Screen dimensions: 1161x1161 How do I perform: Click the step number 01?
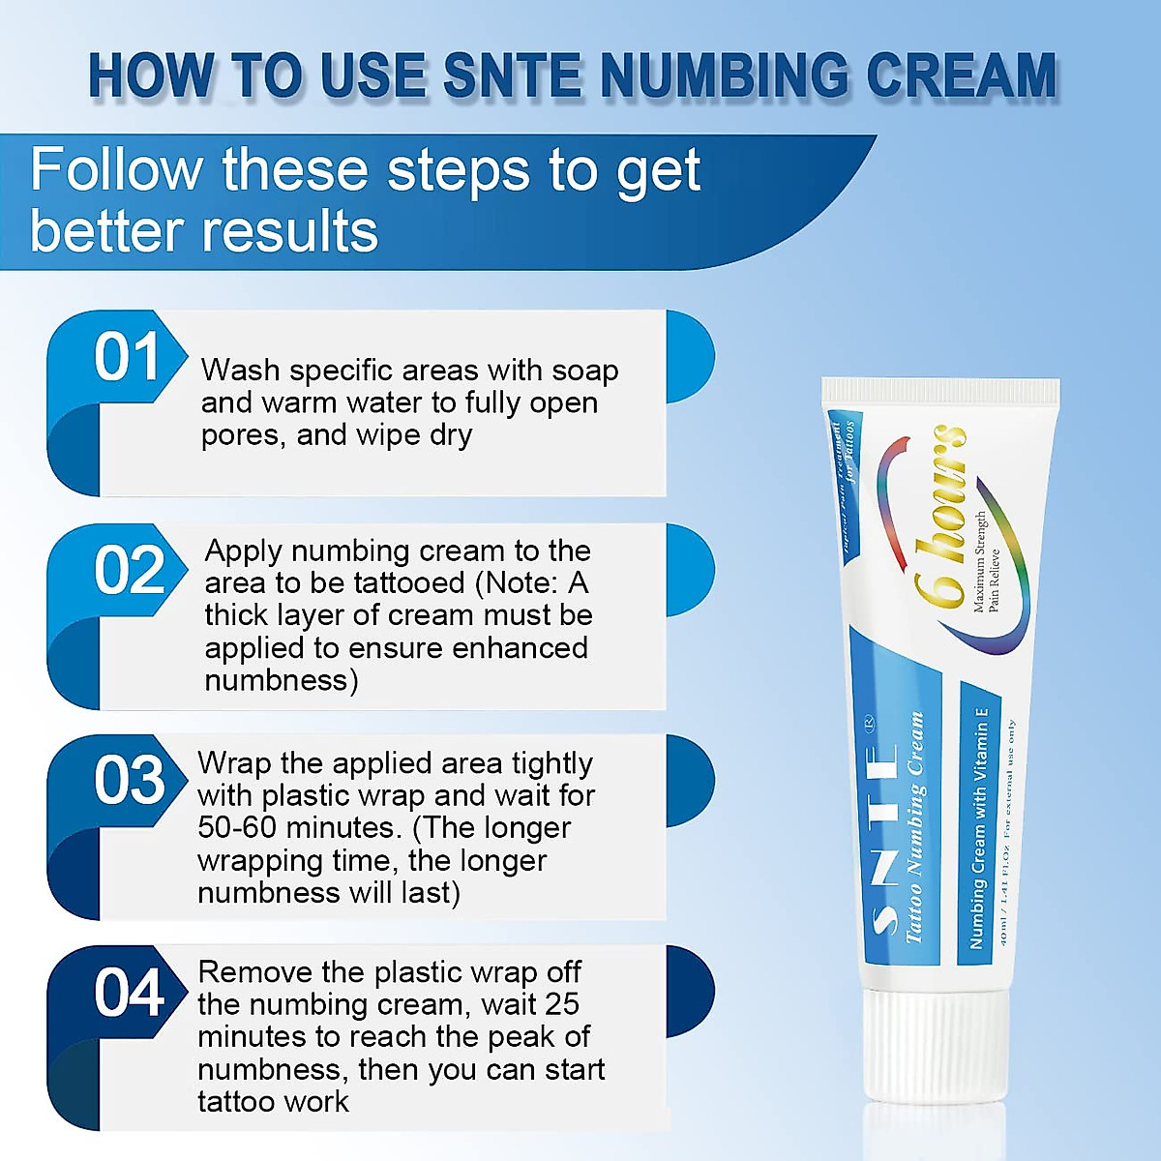point(127,358)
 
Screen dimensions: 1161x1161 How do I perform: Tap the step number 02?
point(129,571)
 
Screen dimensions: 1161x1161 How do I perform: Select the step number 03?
point(129,781)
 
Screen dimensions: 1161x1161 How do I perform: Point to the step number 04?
point(129,994)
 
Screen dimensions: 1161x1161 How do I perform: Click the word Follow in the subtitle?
point(115,170)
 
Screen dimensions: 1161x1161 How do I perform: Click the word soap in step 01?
point(584,371)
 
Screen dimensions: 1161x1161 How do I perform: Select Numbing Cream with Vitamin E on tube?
point(979,827)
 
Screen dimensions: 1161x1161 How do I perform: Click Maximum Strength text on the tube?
point(979,561)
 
